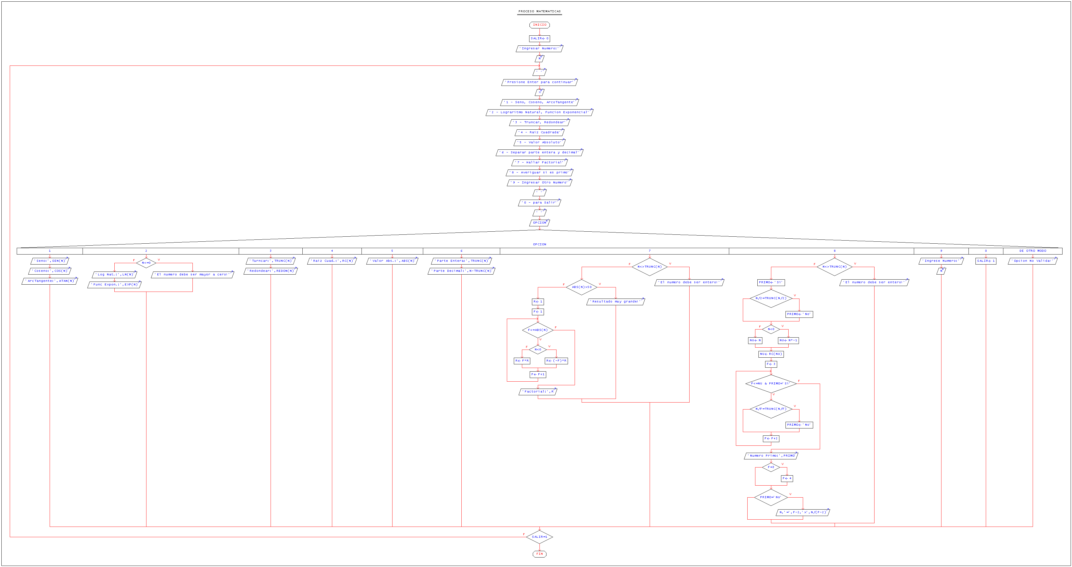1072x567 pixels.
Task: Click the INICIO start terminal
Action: click(x=539, y=25)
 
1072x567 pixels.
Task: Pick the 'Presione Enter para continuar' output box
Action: click(x=539, y=82)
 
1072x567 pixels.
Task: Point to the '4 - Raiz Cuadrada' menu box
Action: click(x=539, y=132)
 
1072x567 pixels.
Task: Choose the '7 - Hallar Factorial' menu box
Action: click(x=539, y=163)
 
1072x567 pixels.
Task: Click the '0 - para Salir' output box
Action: click(x=539, y=203)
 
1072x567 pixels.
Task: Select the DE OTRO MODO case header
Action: click(x=1032, y=251)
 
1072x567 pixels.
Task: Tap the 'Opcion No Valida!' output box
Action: click(x=1032, y=261)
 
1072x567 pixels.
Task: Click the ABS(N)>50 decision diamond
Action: click(x=581, y=287)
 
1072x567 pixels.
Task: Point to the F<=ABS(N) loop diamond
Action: click(x=538, y=330)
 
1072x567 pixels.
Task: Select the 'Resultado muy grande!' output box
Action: click(x=615, y=302)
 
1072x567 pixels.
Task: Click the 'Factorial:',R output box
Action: click(x=538, y=391)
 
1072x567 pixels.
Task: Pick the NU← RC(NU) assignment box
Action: click(x=771, y=354)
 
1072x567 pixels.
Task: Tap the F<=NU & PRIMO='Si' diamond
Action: click(x=771, y=384)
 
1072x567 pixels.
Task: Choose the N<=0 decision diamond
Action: click(x=146, y=263)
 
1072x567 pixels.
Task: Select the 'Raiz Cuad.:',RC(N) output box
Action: click(x=332, y=261)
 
